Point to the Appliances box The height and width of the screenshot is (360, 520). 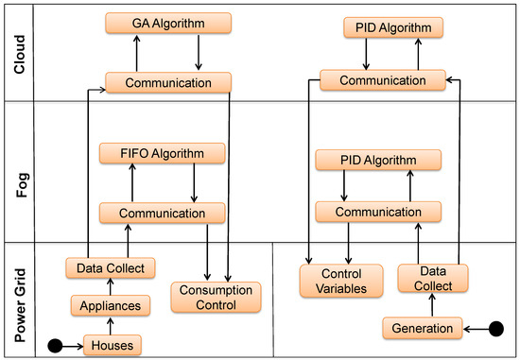[110, 306]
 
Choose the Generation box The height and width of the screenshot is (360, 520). [425, 328]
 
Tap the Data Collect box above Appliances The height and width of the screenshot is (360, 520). [110, 268]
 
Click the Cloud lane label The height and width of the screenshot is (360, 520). [16, 52]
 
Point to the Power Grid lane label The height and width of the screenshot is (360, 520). [16, 300]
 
